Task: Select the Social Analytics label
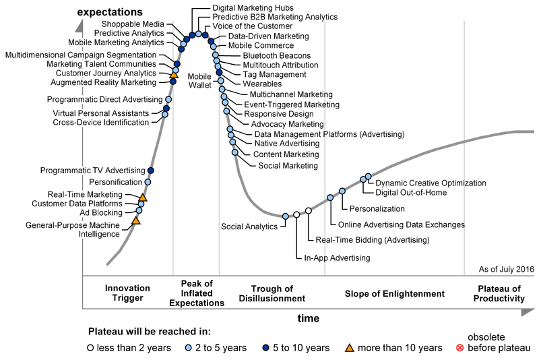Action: (249, 226)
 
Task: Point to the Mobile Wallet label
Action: (200, 81)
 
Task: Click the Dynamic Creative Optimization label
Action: (431, 182)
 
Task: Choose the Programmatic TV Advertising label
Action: (92, 170)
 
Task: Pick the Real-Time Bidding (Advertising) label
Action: (373, 239)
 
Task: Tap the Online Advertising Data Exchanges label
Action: (401, 224)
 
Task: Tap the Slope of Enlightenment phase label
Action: (394, 293)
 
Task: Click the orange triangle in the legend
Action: (349, 348)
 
